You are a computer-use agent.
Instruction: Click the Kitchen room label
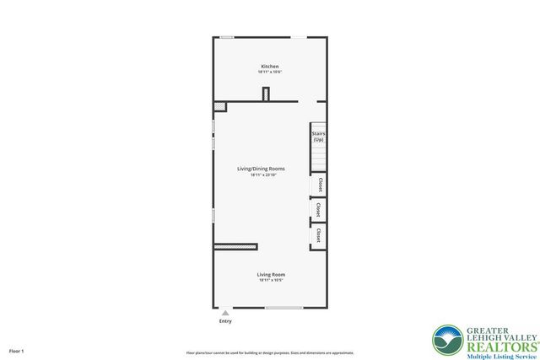click(x=270, y=66)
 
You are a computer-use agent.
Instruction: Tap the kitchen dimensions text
click(x=270, y=73)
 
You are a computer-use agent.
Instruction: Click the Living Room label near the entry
click(x=271, y=274)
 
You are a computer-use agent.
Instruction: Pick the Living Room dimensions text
click(x=271, y=280)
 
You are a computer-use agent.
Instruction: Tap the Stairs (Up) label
click(x=318, y=136)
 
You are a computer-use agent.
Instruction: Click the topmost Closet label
click(x=320, y=185)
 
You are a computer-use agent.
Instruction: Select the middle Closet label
click(x=318, y=209)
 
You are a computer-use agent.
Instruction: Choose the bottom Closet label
click(x=319, y=236)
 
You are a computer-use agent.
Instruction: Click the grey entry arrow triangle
click(x=225, y=313)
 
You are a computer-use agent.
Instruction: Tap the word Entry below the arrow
click(x=225, y=321)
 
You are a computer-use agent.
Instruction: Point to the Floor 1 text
click(x=17, y=350)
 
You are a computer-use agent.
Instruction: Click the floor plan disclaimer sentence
click(x=270, y=352)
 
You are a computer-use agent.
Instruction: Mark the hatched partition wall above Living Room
click(x=235, y=246)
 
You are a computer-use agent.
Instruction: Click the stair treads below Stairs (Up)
click(x=318, y=157)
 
